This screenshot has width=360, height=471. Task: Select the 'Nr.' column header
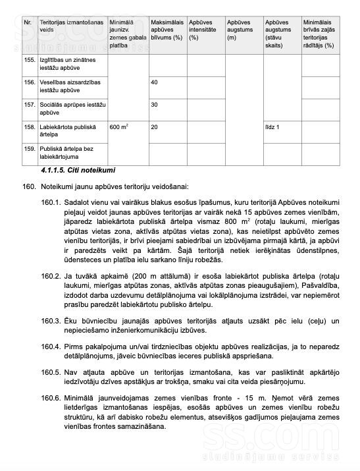click(28, 22)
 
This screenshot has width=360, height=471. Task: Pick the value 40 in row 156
click(155, 82)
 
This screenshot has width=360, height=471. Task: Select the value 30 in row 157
click(155, 105)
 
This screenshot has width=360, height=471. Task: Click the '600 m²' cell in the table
click(119, 126)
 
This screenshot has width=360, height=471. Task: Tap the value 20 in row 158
click(155, 126)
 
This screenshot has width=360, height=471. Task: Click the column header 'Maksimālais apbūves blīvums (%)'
click(166, 30)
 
